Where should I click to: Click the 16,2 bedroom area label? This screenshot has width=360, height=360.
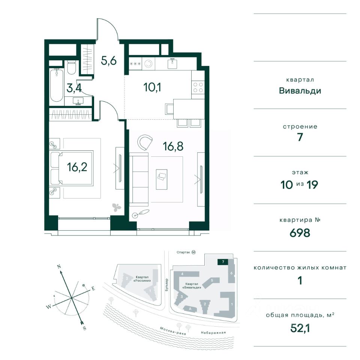[77, 167]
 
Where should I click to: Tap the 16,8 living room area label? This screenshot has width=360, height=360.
[173, 146]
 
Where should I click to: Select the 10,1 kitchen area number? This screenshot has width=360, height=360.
[152, 87]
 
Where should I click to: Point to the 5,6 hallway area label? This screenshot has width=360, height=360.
[109, 61]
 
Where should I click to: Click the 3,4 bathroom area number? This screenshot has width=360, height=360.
[74, 88]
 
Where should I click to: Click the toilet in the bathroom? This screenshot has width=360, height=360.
[71, 67]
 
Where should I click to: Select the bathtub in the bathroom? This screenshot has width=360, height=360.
[57, 85]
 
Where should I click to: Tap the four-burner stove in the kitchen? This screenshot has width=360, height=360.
[198, 87]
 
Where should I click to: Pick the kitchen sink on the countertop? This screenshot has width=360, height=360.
[172, 63]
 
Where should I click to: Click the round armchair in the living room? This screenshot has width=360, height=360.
[145, 142]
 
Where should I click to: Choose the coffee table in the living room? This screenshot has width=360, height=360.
[162, 179]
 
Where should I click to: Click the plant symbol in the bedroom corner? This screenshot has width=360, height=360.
[116, 207]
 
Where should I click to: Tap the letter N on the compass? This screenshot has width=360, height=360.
[59, 267]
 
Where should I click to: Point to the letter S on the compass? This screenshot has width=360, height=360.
[84, 328]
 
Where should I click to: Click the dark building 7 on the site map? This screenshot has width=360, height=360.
[223, 262]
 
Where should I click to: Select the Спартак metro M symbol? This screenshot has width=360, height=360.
[193, 252]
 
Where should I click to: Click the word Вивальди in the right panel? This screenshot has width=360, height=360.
[300, 91]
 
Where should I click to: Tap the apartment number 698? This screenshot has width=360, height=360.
[300, 233]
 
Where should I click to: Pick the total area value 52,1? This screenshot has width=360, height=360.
[300, 328]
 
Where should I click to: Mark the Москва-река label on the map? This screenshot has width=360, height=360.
[173, 331]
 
